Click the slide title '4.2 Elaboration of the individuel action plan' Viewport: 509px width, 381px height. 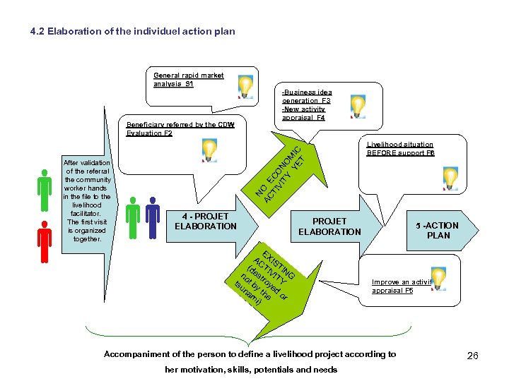tap(134, 32)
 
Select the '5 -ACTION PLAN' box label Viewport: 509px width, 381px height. tap(438, 230)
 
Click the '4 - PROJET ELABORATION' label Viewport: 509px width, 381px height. tap(205, 221)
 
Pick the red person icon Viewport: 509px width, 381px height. tap(45, 243)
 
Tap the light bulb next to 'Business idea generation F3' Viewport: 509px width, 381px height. tap(358, 105)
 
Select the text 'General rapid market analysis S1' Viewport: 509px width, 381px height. tap(189, 80)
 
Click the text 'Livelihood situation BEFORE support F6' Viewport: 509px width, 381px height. tap(400, 148)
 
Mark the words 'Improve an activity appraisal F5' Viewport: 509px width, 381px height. tap(402, 286)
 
